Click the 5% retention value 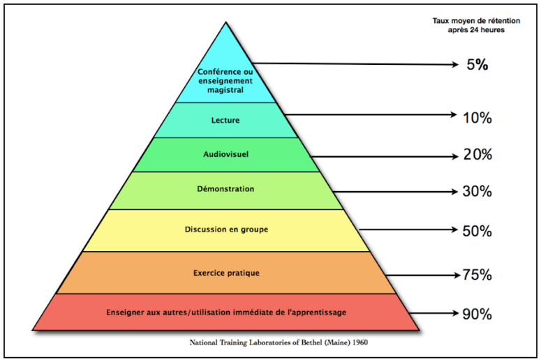(x=477, y=65)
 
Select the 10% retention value (x=477, y=117)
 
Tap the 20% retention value (x=477, y=155)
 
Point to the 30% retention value (x=477, y=191)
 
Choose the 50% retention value (x=477, y=230)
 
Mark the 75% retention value (x=477, y=275)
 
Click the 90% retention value (x=477, y=313)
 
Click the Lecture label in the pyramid (x=225, y=120)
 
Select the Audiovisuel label (x=225, y=155)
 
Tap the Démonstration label (x=225, y=189)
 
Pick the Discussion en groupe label (x=225, y=230)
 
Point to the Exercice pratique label (x=226, y=273)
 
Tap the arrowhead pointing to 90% (x=454, y=313)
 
